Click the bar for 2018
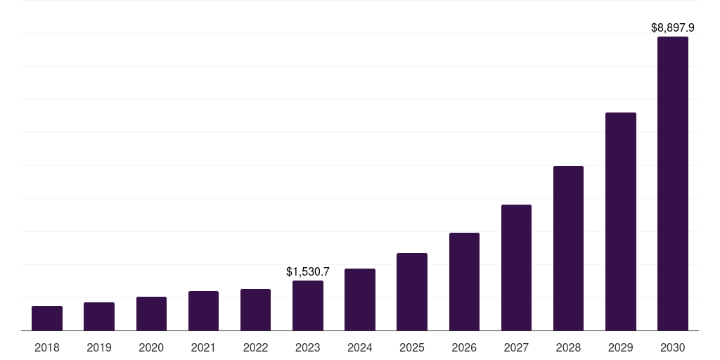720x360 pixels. (x=47, y=319)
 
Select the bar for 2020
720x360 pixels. (x=151, y=314)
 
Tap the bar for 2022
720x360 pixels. (x=255, y=310)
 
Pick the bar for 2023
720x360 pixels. (x=308, y=306)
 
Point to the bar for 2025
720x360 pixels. (x=412, y=292)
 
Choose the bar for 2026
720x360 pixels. (x=464, y=282)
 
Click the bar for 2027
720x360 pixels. (x=516, y=268)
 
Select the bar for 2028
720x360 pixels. (x=568, y=248)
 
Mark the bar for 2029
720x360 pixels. (x=621, y=221)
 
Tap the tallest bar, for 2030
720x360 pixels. (x=673, y=184)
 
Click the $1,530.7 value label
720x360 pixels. (x=308, y=271)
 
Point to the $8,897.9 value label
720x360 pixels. (x=673, y=28)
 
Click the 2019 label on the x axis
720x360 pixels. (x=99, y=347)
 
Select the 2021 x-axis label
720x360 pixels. (x=203, y=347)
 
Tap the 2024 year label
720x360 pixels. (x=360, y=347)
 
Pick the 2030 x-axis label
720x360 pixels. (x=673, y=347)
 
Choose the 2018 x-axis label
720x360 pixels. (x=47, y=347)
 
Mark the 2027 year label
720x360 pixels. (x=516, y=347)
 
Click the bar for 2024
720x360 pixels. (x=360, y=300)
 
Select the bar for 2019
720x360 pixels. (x=99, y=316)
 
